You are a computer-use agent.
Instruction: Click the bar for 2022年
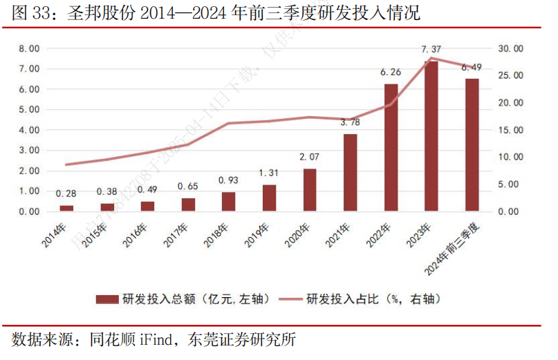click(x=391, y=147)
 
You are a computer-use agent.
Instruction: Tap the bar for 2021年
click(x=351, y=172)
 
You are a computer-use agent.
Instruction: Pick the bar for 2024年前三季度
click(x=472, y=145)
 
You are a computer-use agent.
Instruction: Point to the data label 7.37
click(x=431, y=49)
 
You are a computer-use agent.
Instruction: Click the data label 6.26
click(x=391, y=72)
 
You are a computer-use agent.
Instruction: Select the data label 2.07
click(x=310, y=158)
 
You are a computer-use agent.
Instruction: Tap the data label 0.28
click(x=66, y=193)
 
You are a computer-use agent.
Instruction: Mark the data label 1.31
click(x=269, y=173)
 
